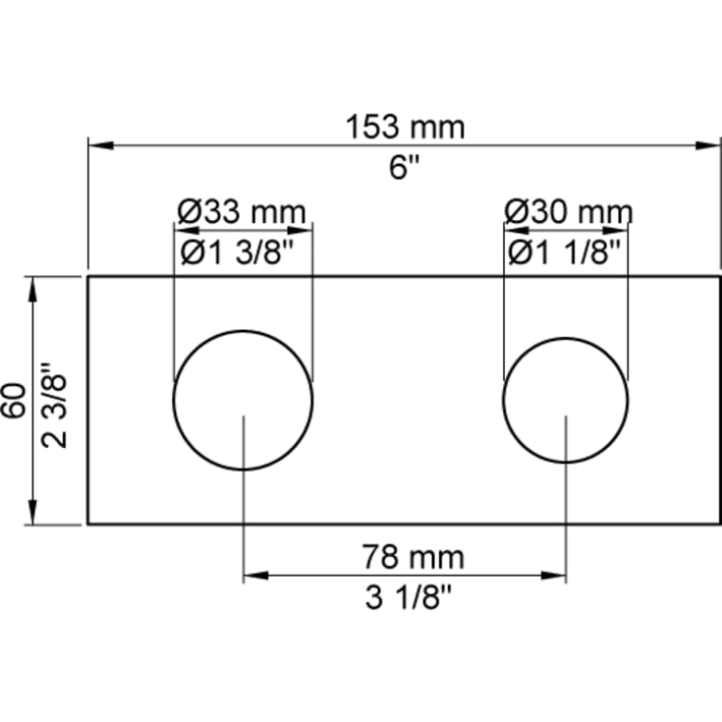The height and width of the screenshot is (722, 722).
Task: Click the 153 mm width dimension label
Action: pos(405,127)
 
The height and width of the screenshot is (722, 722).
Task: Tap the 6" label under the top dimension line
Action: pos(405,167)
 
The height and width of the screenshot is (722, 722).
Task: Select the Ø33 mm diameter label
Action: pos(242,212)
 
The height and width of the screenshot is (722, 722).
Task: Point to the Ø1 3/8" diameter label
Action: pos(237,252)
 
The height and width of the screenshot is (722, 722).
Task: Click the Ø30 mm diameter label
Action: pos(568,212)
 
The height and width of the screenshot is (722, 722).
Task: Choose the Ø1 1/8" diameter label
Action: pos(564,252)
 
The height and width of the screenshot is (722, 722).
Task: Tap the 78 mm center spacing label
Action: pos(413,557)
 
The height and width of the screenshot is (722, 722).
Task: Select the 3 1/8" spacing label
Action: pos(409,597)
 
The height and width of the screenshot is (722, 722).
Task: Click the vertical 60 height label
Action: pos(14,400)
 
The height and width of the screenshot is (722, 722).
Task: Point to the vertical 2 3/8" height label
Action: pos(54,405)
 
